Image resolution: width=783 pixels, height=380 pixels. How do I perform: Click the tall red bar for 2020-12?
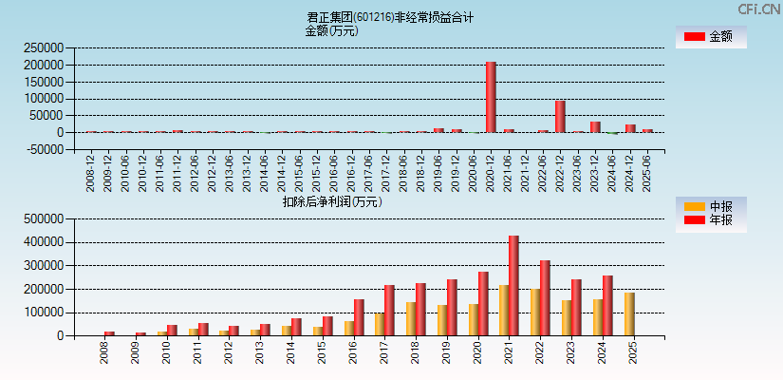point(491,98)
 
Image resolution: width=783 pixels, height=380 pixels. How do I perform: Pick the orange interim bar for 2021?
point(504,310)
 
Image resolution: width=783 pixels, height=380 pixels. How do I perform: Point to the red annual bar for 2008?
point(109,333)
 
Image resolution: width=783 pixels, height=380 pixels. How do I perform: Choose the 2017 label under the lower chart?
point(384,353)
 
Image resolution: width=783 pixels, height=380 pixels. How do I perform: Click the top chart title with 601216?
point(390,17)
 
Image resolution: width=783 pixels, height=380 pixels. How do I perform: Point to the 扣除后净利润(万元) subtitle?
point(331,201)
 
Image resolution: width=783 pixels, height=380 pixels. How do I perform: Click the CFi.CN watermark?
point(757,9)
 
